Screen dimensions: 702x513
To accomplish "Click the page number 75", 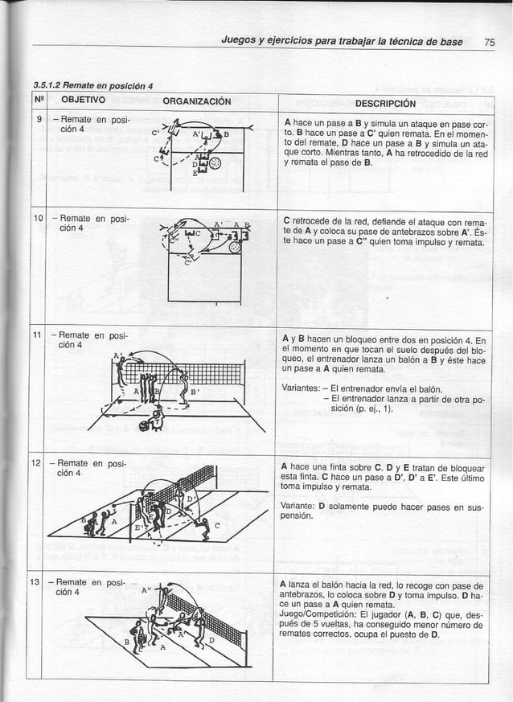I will (490, 43).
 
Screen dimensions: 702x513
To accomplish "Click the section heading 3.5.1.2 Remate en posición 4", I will (93, 86).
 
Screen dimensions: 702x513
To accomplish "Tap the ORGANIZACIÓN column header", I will (197, 101).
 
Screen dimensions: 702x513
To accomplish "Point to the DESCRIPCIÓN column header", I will (385, 103).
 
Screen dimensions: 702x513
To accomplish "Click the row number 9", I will (38, 121).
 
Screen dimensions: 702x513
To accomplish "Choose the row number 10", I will (38, 220).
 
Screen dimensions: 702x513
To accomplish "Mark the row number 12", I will (38, 466).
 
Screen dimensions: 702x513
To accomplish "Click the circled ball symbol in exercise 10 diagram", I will (235, 248).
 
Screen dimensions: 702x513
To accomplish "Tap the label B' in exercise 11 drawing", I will (194, 393).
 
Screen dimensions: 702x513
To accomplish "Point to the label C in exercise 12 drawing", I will (216, 526).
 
